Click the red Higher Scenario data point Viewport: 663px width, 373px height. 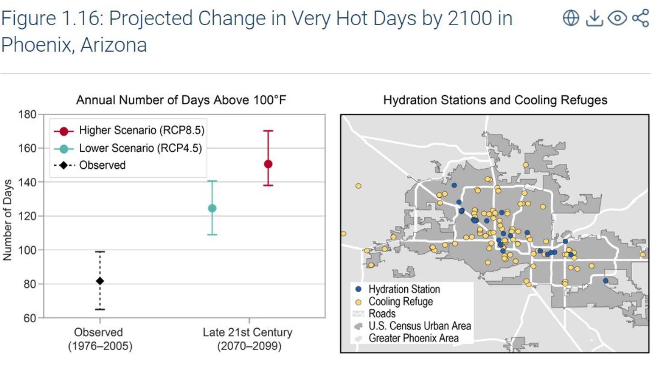click(268, 164)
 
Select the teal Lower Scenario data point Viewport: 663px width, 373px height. click(212, 208)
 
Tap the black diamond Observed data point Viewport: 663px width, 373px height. click(100, 281)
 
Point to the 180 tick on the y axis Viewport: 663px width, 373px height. click(27, 114)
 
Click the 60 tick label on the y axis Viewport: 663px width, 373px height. click(29, 318)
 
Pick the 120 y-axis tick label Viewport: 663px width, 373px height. click(27, 216)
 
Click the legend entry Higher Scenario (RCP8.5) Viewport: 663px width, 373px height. click(141, 130)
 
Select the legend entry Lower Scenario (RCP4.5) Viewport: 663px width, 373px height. click(140, 148)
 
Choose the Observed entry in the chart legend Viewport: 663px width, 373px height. click(102, 165)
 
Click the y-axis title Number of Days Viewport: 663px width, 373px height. click(7, 220)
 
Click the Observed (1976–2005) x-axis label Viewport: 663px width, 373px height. click(100, 339)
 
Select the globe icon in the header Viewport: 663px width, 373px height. click(571, 18)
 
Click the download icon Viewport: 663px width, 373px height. click(594, 18)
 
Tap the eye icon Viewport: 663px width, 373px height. click(617, 18)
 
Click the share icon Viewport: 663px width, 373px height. click(640, 18)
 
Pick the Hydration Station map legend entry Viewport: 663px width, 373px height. click(404, 289)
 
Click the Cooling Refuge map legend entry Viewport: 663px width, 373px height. click(400, 301)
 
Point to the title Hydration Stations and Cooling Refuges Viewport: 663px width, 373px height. click(495, 100)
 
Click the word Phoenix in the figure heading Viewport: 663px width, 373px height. click(36, 45)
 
